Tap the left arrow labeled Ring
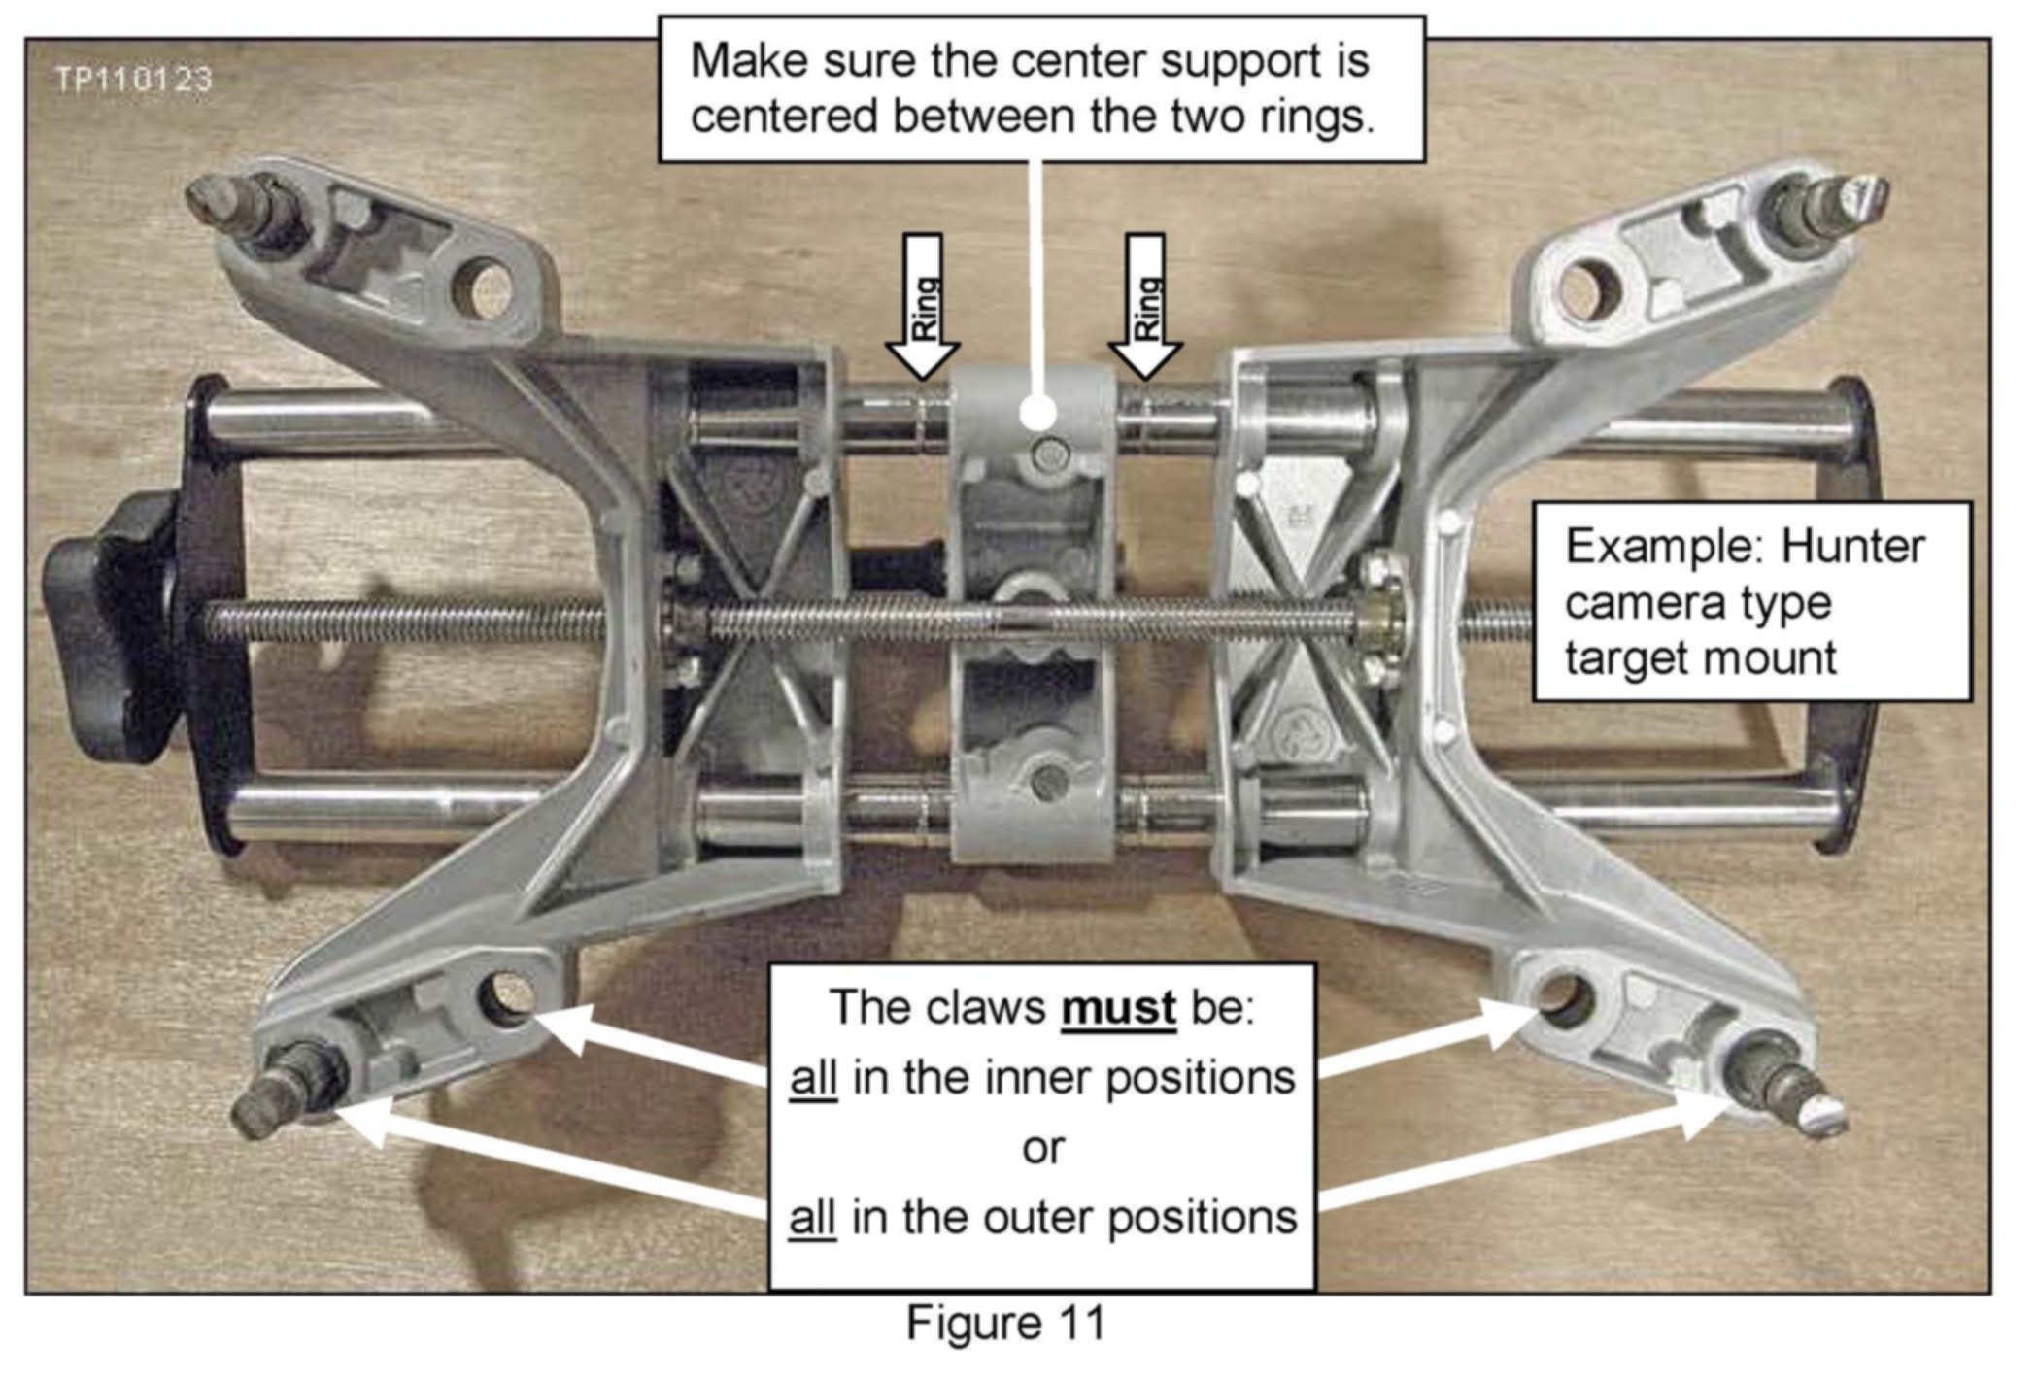(x=923, y=307)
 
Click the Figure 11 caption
(x=1005, y=1324)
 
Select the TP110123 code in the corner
(x=134, y=80)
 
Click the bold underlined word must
(x=1118, y=1007)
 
